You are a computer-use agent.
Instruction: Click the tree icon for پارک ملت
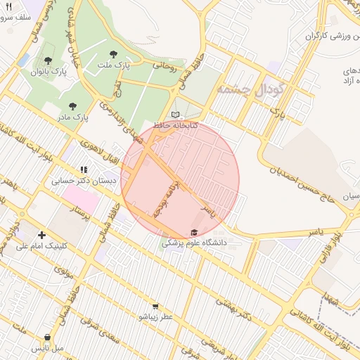tap(114, 53)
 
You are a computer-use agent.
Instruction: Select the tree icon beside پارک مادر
tap(72, 106)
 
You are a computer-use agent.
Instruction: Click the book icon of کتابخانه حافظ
tap(175, 115)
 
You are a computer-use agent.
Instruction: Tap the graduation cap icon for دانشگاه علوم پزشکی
tap(194, 233)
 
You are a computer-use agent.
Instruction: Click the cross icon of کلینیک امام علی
tap(42, 235)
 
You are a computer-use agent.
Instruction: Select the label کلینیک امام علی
tap(42, 246)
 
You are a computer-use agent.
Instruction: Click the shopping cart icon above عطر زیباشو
tap(155, 307)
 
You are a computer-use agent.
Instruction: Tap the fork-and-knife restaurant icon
tap(8, 6)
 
